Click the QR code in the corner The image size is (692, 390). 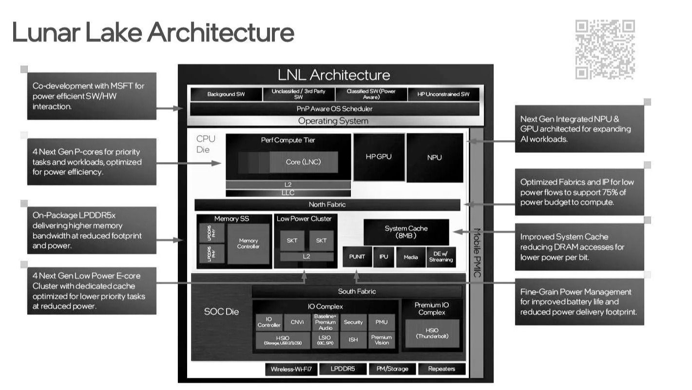click(x=605, y=49)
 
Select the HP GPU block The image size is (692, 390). click(x=379, y=157)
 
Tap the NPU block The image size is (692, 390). click(x=434, y=157)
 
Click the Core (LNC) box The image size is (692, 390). click(x=303, y=162)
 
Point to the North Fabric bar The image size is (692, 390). click(x=327, y=205)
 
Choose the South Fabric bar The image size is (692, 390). click(x=357, y=291)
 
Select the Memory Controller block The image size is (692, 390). click(x=248, y=244)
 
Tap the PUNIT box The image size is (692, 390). click(x=357, y=257)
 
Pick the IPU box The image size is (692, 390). click(x=384, y=257)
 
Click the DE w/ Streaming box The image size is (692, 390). click(x=441, y=257)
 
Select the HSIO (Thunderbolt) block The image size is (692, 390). click(x=432, y=333)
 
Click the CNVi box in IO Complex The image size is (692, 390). click(x=297, y=322)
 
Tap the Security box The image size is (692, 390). click(x=353, y=322)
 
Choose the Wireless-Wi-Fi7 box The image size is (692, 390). click(x=291, y=369)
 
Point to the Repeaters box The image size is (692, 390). click(x=442, y=369)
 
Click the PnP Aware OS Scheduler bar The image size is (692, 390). click(x=334, y=109)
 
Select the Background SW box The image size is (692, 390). click(x=226, y=94)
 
